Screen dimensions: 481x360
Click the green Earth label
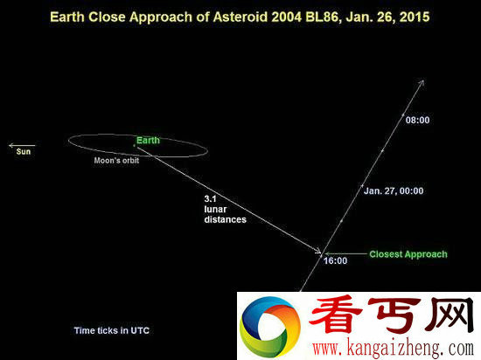click(148, 141)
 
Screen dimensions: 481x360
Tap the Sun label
click(24, 152)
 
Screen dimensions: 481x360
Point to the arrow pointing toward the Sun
click(22, 145)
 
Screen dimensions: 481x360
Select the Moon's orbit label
click(116, 160)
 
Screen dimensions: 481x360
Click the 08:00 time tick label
click(417, 120)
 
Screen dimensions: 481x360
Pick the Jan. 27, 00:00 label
click(394, 190)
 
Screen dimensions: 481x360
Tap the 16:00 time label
click(335, 260)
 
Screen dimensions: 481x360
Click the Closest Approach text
click(408, 254)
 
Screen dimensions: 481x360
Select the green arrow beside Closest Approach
click(345, 253)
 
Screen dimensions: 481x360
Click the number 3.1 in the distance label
click(211, 199)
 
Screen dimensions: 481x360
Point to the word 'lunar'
click(215, 209)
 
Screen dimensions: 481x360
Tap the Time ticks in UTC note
click(112, 330)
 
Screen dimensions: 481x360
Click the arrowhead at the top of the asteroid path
click(422, 82)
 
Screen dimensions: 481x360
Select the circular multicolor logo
click(270, 327)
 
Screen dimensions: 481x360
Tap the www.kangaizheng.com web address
click(394, 349)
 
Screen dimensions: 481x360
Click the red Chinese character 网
click(451, 315)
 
